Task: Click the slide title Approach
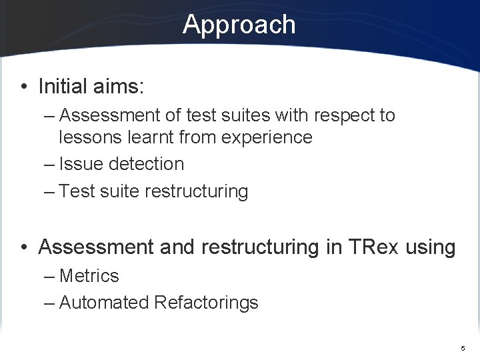click(239, 25)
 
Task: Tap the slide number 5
click(463, 349)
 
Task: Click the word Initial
click(63, 86)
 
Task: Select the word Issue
click(81, 164)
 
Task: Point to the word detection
click(146, 164)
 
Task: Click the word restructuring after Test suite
click(196, 192)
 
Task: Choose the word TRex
click(374, 247)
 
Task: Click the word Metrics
click(89, 276)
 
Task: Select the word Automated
click(104, 303)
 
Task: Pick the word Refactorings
click(206, 303)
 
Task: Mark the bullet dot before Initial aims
click(24, 87)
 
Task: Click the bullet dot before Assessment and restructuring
click(24, 247)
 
